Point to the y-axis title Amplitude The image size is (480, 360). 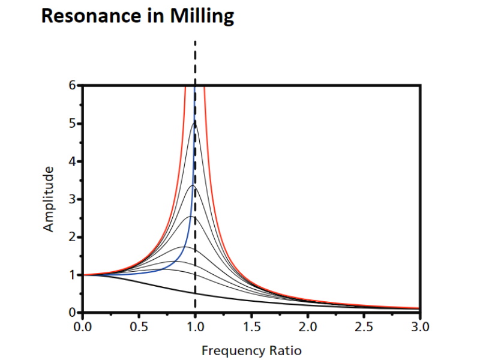pos(49,199)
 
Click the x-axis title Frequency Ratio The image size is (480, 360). pos(251,350)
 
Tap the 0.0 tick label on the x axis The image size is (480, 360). pos(83,327)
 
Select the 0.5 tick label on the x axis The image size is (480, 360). pos(139,327)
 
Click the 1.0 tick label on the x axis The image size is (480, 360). pos(195,327)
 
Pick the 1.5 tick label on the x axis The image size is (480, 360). pos(251,327)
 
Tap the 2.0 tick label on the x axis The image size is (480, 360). pos(307,327)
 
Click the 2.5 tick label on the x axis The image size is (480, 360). pos(364,327)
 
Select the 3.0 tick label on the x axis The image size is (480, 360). pos(420,327)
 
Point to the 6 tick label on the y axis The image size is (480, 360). pos(72,86)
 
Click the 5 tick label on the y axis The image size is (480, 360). pos(72,124)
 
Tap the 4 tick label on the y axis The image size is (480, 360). pos(72,161)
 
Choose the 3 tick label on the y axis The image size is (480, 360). pos(72,199)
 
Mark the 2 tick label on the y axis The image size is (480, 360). pos(72,237)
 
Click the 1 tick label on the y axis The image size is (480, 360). pos(72,275)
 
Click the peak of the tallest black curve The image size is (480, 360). pos(194,123)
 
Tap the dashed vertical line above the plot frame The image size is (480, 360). pos(195,63)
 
